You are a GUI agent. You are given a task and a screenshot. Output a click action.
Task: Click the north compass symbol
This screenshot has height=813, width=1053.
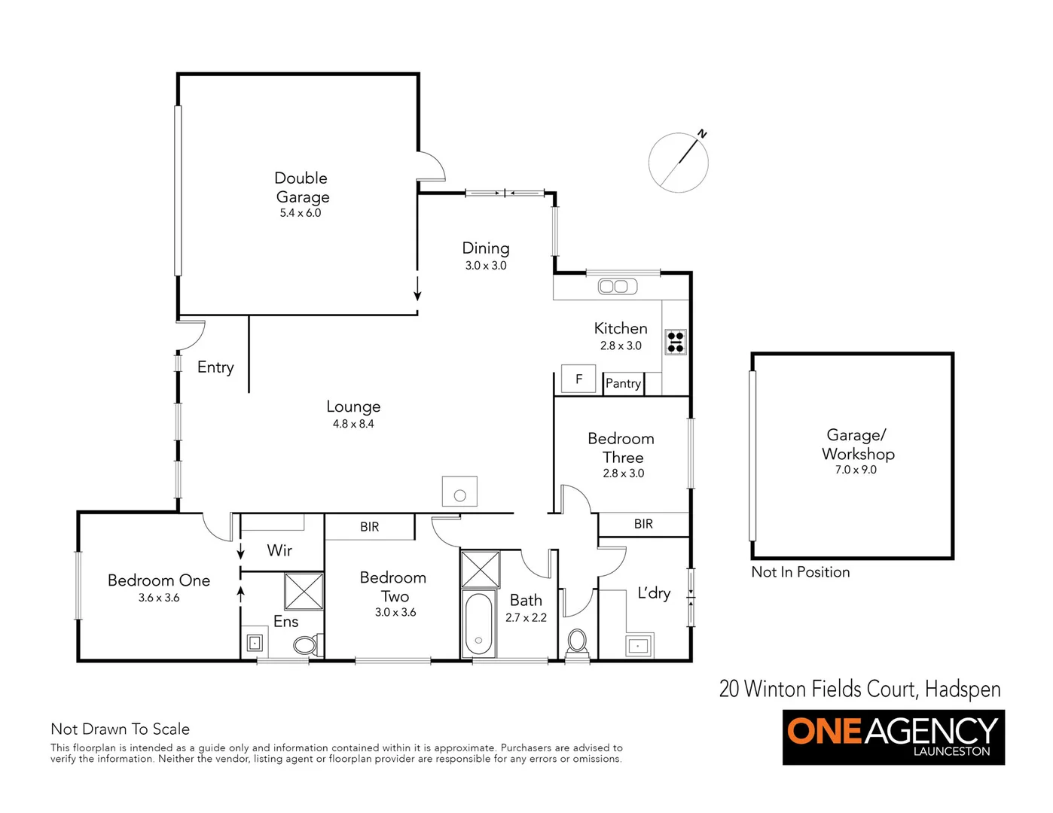679,162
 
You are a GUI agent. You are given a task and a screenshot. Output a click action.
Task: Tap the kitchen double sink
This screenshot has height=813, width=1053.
617,287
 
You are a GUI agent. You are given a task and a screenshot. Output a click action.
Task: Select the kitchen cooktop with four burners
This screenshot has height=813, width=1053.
675,342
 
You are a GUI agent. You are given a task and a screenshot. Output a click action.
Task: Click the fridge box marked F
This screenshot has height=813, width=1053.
578,379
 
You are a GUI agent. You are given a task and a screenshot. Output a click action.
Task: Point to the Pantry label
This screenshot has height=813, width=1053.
623,384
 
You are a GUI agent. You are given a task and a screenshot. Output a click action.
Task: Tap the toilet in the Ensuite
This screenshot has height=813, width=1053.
306,645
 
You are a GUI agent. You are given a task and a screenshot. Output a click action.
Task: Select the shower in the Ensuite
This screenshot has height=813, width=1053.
304,592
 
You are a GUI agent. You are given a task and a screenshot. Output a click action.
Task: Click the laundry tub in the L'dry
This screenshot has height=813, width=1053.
639,646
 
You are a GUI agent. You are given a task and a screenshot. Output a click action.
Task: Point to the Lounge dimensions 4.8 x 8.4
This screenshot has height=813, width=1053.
353,424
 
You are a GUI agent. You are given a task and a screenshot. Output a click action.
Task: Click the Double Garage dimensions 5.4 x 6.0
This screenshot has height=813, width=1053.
301,213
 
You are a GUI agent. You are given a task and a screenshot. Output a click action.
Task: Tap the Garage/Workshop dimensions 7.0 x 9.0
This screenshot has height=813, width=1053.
856,470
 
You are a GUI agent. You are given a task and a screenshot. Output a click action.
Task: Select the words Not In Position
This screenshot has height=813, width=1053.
800,572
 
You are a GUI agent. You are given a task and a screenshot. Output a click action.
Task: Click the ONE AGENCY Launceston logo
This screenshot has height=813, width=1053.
893,737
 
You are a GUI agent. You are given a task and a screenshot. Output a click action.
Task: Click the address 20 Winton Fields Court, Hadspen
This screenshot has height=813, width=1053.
859,689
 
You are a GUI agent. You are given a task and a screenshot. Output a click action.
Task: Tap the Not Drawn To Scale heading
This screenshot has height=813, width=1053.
120,729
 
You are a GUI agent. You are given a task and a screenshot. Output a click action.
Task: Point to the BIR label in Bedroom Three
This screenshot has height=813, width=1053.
643,524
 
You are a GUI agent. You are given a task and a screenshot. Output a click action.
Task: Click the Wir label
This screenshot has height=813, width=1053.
279,550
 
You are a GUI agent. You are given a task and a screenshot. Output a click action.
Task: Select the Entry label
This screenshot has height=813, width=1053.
215,367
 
